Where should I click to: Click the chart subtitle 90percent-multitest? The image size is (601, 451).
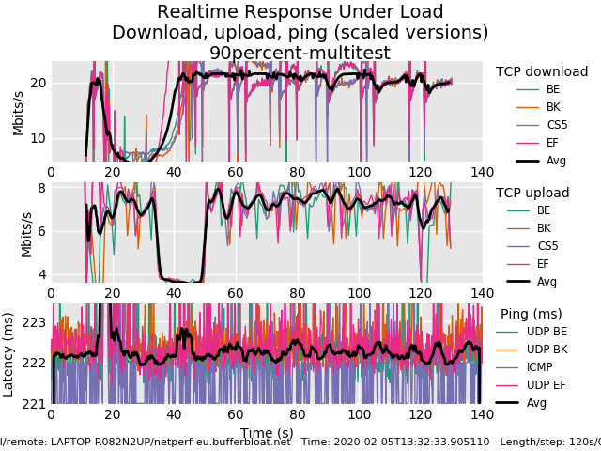click(300, 53)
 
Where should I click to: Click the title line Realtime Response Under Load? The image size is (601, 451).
click(300, 12)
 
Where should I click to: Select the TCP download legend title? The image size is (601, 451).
click(542, 71)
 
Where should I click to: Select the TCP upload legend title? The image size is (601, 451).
click(532, 193)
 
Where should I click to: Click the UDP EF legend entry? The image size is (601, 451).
click(547, 385)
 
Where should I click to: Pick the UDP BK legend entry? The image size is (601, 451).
click(547, 350)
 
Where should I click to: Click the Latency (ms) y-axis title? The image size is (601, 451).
click(9, 353)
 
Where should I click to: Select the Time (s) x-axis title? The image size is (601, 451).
click(266, 433)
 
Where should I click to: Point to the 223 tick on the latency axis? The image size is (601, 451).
click(34, 322)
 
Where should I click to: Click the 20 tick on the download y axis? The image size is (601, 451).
click(39, 83)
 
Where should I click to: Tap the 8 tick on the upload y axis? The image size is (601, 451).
click(41, 188)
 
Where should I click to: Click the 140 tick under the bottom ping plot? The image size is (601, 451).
click(482, 414)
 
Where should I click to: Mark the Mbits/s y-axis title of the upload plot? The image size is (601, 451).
click(26, 234)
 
